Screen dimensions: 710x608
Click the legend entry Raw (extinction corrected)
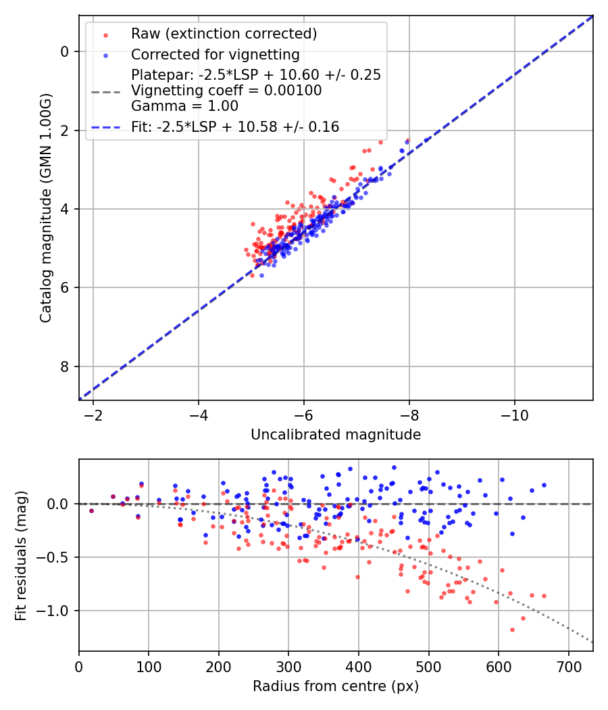(224, 34)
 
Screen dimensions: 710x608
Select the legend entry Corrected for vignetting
(216, 54)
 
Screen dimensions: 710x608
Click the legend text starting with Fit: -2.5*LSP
(234, 127)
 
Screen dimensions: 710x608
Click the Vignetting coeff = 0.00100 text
(226, 91)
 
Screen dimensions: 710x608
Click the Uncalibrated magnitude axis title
(336, 435)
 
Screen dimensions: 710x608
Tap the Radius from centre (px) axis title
(336, 686)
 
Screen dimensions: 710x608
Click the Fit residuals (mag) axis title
(21, 556)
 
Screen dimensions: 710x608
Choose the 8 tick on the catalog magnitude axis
(64, 366)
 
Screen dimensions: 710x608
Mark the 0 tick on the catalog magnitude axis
(64, 51)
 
